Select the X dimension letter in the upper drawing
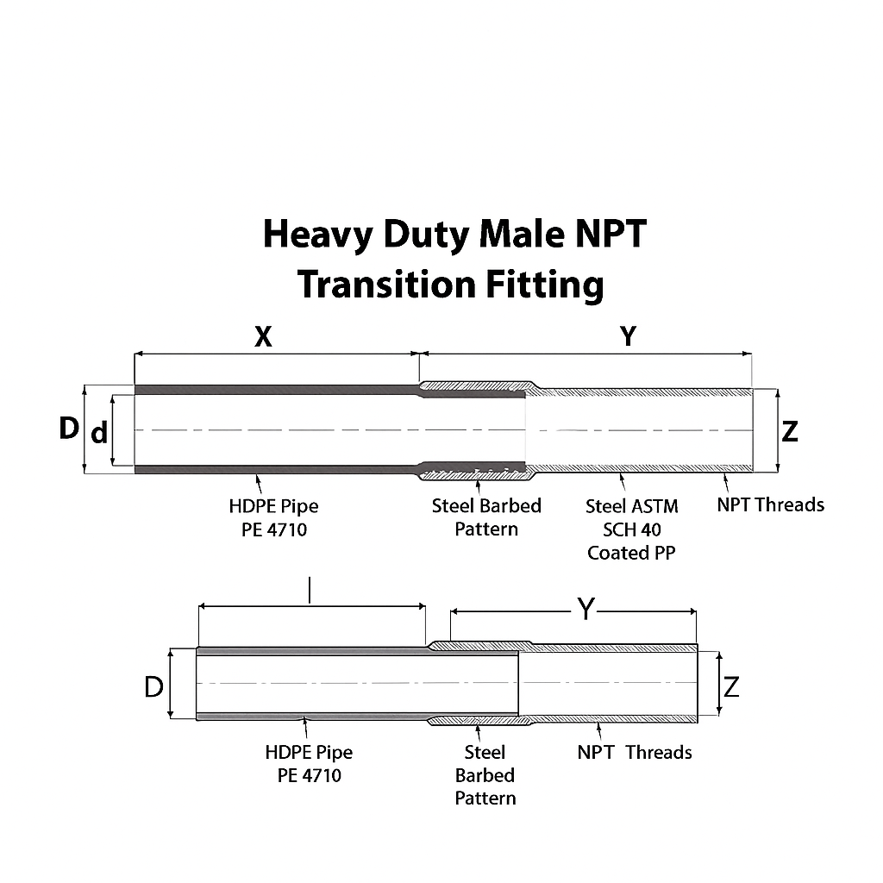pyautogui.click(x=263, y=336)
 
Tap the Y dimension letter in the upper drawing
pyautogui.click(x=629, y=336)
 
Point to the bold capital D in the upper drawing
pyautogui.click(x=68, y=428)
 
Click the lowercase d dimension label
pyautogui.click(x=99, y=432)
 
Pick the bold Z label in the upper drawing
pyautogui.click(x=790, y=431)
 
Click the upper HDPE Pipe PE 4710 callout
pyautogui.click(x=274, y=517)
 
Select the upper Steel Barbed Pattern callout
pyautogui.click(x=486, y=517)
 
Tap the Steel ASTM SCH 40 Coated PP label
pyautogui.click(x=631, y=529)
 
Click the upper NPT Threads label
pyautogui.click(x=770, y=504)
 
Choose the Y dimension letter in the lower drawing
pyautogui.click(x=586, y=610)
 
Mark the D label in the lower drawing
pyautogui.click(x=153, y=687)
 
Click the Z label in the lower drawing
pyautogui.click(x=731, y=687)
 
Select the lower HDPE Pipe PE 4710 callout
pyautogui.click(x=309, y=763)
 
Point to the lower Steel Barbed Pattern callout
pyautogui.click(x=485, y=775)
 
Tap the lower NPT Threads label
pyautogui.click(x=635, y=753)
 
